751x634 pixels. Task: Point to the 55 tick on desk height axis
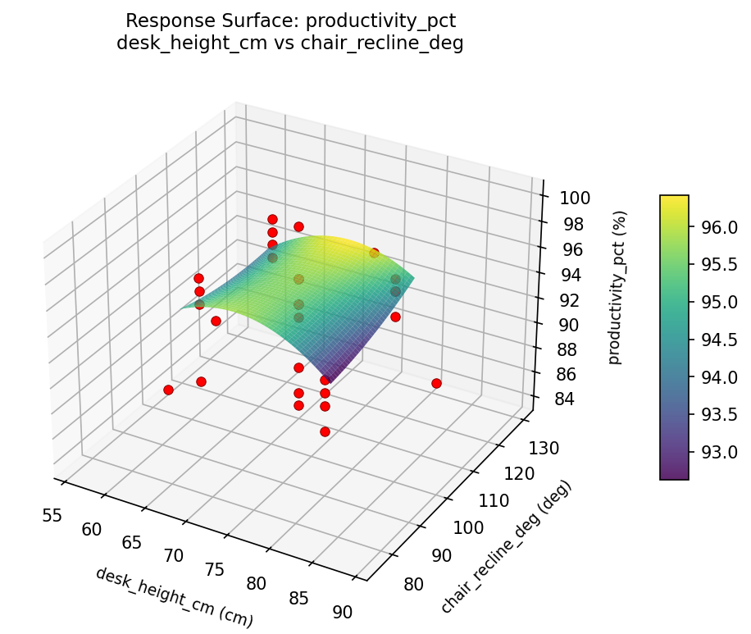coord(52,515)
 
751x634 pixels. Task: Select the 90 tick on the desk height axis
coord(343,612)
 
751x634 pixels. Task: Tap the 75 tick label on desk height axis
coord(215,569)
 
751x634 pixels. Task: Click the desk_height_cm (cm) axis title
coord(174,597)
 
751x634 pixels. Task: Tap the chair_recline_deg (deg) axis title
coord(506,546)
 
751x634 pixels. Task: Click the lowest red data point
coord(325,431)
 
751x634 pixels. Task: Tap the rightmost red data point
coord(436,383)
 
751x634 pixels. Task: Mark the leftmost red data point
coord(168,390)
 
